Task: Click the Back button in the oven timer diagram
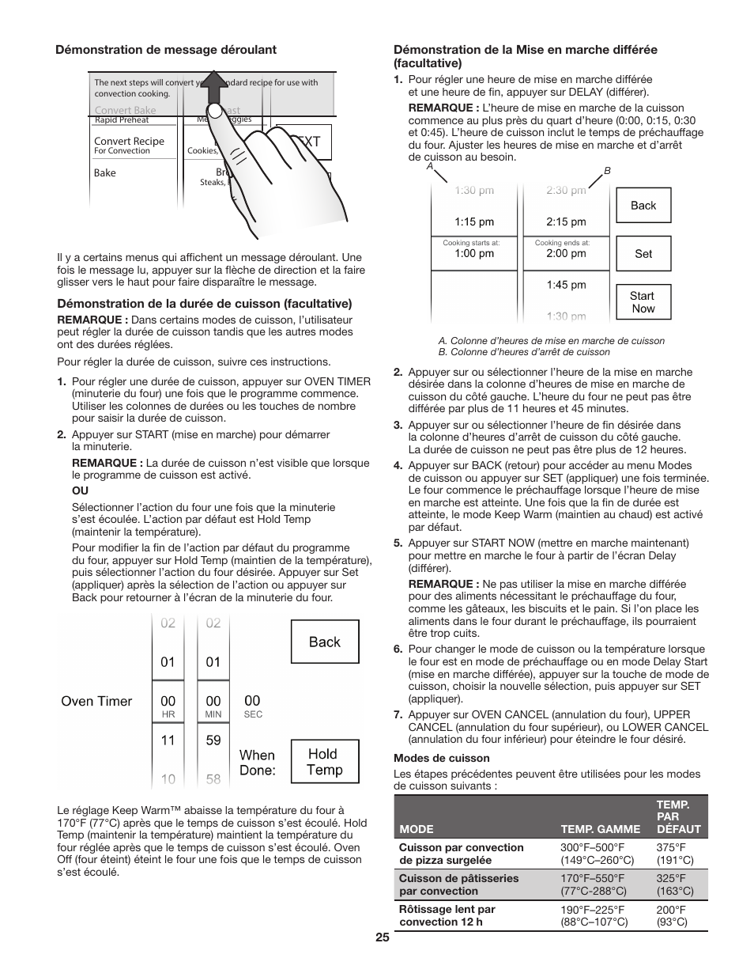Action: pyautogui.click(x=325, y=642)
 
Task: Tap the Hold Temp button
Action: pyautogui.click(x=325, y=762)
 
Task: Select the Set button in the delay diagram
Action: pyautogui.click(x=643, y=254)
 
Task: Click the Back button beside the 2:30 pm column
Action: pyautogui.click(x=643, y=206)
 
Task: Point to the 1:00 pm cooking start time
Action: pyautogui.click(x=474, y=253)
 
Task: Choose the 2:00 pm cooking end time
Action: pyautogui.click(x=566, y=253)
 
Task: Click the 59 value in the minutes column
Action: pyautogui.click(x=213, y=740)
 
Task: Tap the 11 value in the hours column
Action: pyautogui.click(x=168, y=740)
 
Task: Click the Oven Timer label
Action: pyautogui.click(x=97, y=701)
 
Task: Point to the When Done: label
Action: pyautogui.click(x=258, y=763)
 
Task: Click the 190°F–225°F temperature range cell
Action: pyautogui.click(x=594, y=915)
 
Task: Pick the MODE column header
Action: pyautogui.click(x=417, y=830)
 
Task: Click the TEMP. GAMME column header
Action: pyautogui.click(x=601, y=830)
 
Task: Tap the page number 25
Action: pyautogui.click(x=383, y=937)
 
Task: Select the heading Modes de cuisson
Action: pyautogui.click(x=430, y=758)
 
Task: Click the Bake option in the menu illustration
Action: pyautogui.click(x=105, y=172)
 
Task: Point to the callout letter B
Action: pyautogui.click(x=608, y=171)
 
